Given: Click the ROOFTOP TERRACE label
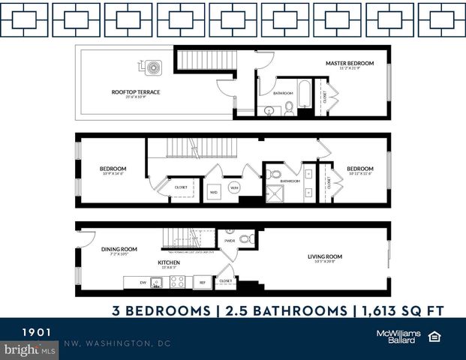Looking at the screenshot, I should [x=136, y=92].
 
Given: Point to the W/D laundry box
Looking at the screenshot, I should [x=213, y=191].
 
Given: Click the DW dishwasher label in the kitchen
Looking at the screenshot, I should [x=143, y=283].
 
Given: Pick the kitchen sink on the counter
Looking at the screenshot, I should [x=157, y=283].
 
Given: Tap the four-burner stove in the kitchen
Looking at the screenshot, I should [x=178, y=283].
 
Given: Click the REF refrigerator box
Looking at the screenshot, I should [x=202, y=283].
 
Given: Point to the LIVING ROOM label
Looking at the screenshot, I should [x=324, y=257].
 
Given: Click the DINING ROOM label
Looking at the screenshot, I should [x=119, y=249].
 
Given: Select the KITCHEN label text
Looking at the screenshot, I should [x=168, y=262].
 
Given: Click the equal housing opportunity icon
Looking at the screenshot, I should [x=434, y=336].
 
